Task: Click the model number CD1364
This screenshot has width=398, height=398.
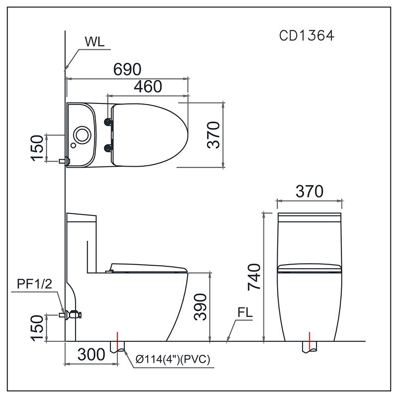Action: (306, 36)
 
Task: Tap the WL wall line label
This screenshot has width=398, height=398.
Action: (95, 42)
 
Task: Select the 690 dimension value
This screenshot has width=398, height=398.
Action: (127, 70)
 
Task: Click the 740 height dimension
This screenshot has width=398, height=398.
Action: (253, 277)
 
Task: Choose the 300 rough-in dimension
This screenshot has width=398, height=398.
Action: (92, 354)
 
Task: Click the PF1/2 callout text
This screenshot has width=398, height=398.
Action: (34, 285)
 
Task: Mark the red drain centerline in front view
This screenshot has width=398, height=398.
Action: (309, 341)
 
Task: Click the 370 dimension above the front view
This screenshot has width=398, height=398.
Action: (309, 191)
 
